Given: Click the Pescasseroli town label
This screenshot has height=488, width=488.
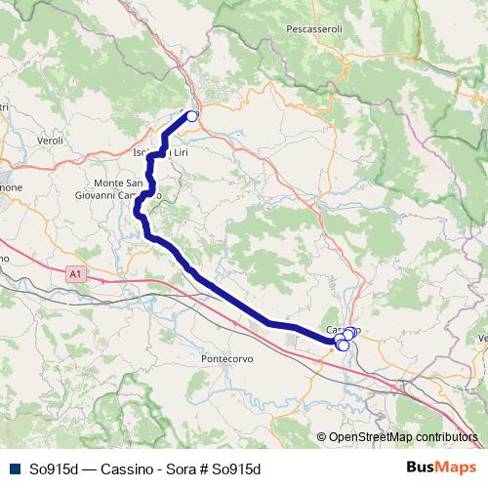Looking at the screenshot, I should pos(314,30).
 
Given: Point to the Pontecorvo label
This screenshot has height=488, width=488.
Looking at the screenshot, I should pos(226,359).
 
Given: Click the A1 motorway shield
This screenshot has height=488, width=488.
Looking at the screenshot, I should pos(76,276).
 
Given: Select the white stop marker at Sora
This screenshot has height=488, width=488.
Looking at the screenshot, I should pos(192,116).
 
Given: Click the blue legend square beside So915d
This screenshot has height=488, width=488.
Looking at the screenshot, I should pos(13,468).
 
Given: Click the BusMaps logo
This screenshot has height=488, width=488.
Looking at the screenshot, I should pos(438,468).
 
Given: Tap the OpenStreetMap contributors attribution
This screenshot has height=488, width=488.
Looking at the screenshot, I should pos(397,437).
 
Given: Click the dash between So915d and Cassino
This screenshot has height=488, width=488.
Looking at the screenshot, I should pos(82,468).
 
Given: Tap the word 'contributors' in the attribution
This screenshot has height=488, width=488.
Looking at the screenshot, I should pos(446,437).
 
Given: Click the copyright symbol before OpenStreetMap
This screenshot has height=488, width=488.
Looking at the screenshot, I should pos(321,437).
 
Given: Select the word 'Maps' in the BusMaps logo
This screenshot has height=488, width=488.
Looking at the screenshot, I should pos(453,468).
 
